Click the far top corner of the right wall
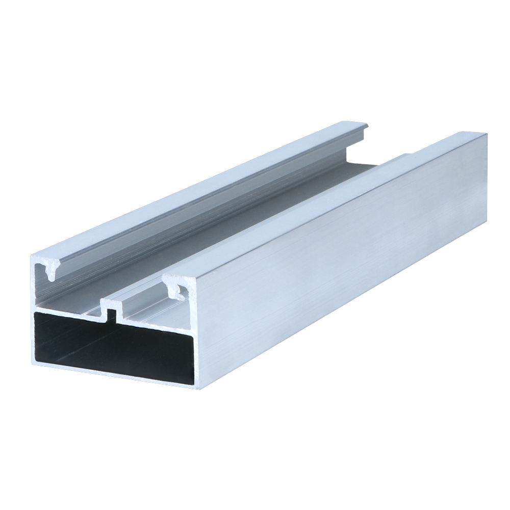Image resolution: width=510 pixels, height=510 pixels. pyautogui.click(x=486, y=134)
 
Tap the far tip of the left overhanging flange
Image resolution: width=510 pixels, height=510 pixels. pyautogui.click(x=366, y=124)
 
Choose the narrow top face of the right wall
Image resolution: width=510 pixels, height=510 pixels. pyautogui.click(x=326, y=204)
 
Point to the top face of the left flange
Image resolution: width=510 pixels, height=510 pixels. pyautogui.click(x=204, y=189)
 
